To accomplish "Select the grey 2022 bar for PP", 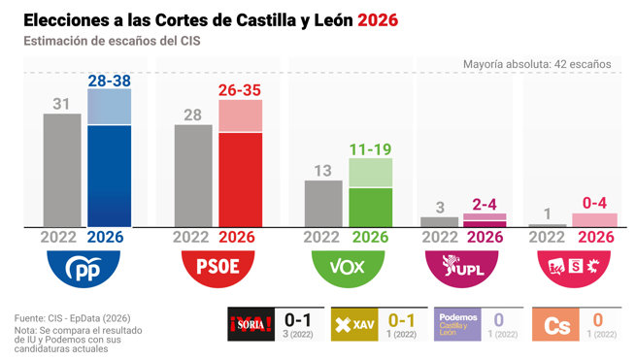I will pos(62,170).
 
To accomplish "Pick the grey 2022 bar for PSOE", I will pos(193,176).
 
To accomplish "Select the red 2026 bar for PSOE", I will pos(239,180).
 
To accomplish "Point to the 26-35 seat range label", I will pos(239,90).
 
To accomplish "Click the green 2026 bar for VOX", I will pos(370,207).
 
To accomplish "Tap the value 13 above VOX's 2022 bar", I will pos(324,170).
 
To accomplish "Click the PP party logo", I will pos(84,266).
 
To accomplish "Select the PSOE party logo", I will pos(216,266).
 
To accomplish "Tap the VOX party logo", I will pos(347,266).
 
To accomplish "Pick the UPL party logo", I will pos(461,266).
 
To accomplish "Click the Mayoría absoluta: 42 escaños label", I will pos(537,63).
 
